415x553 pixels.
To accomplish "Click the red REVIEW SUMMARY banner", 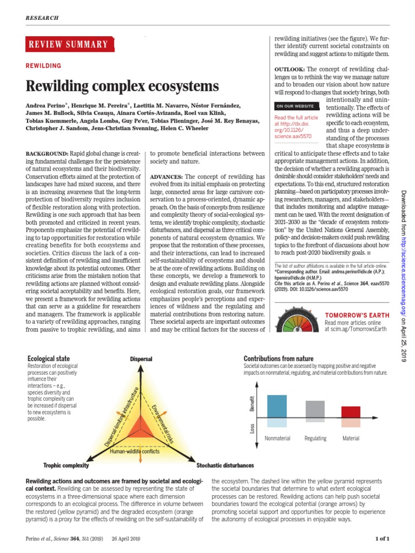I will click(70, 44).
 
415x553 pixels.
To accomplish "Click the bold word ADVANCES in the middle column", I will click(166, 177).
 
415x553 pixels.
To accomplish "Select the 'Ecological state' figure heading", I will click(49, 359).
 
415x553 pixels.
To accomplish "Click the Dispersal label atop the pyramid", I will click(141, 359).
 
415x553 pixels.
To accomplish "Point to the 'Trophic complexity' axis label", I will click(65, 465).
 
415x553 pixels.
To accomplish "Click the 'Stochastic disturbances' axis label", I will click(225, 465).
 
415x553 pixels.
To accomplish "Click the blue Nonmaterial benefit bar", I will click(277, 406).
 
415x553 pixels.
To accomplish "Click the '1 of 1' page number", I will click(382, 538).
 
